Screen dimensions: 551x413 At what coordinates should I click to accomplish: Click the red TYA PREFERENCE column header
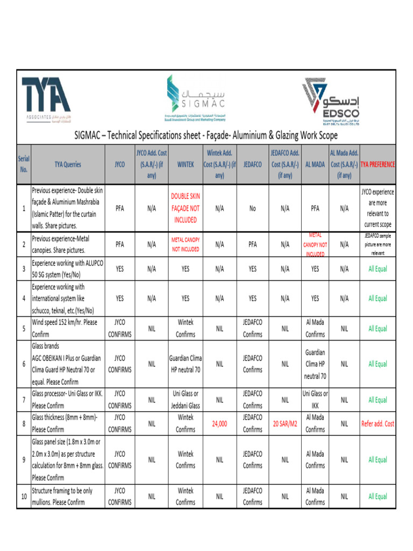click(378, 165)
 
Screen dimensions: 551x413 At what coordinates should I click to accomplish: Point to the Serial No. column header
click(24, 165)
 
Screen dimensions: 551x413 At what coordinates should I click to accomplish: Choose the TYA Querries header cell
click(68, 165)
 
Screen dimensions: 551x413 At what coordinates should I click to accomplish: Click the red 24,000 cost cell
click(219, 423)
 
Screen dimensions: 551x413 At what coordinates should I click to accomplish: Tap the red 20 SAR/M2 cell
click(285, 423)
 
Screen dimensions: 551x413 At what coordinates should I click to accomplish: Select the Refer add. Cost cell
click(378, 423)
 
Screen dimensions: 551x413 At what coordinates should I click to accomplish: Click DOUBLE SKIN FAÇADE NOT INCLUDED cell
click(185, 208)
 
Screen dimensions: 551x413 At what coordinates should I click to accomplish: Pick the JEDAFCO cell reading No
click(252, 208)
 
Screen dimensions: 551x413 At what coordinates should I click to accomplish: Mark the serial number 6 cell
click(24, 364)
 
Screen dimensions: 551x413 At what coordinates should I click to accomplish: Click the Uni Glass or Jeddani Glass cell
click(185, 400)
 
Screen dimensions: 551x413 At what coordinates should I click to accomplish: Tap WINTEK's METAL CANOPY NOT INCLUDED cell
click(185, 244)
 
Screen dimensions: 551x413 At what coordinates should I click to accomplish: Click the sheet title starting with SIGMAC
click(206, 136)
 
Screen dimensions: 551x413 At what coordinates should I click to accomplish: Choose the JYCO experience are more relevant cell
click(378, 208)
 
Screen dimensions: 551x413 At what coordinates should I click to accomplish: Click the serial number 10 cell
click(24, 497)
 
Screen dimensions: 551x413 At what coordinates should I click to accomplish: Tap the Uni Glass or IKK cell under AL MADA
click(315, 400)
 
